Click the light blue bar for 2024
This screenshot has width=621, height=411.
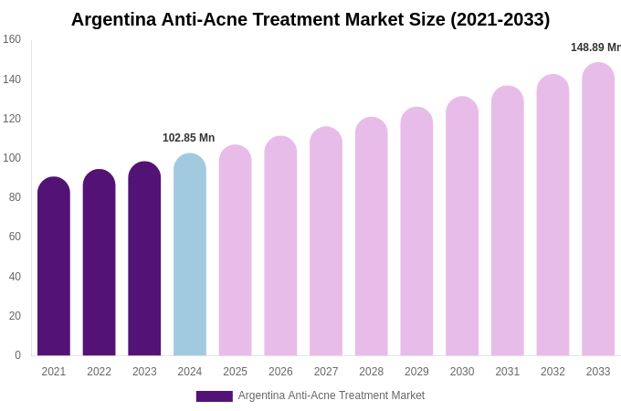(x=190, y=255)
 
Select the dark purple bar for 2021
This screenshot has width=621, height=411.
(x=54, y=267)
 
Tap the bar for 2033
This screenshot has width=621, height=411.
(x=598, y=209)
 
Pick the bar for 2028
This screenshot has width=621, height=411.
(x=372, y=237)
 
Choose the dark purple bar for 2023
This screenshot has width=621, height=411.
(x=144, y=258)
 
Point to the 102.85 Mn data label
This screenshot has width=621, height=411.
(x=189, y=138)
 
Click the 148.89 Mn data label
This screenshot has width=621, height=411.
(x=595, y=47)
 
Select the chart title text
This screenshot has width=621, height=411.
(x=310, y=19)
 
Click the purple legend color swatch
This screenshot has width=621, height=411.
(x=214, y=396)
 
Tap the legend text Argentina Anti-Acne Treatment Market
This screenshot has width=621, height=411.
(x=332, y=395)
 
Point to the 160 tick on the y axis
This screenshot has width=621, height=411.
(x=12, y=39)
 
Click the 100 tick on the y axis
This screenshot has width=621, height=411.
(x=12, y=158)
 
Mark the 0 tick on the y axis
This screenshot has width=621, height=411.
(x=17, y=355)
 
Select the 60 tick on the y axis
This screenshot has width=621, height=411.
(x=15, y=237)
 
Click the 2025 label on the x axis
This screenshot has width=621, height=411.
(x=236, y=372)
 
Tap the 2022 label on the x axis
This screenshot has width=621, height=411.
(x=99, y=372)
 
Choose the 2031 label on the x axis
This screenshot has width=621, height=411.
(x=508, y=372)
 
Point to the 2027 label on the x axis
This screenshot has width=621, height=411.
(x=326, y=372)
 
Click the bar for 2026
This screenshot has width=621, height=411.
(x=280, y=246)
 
